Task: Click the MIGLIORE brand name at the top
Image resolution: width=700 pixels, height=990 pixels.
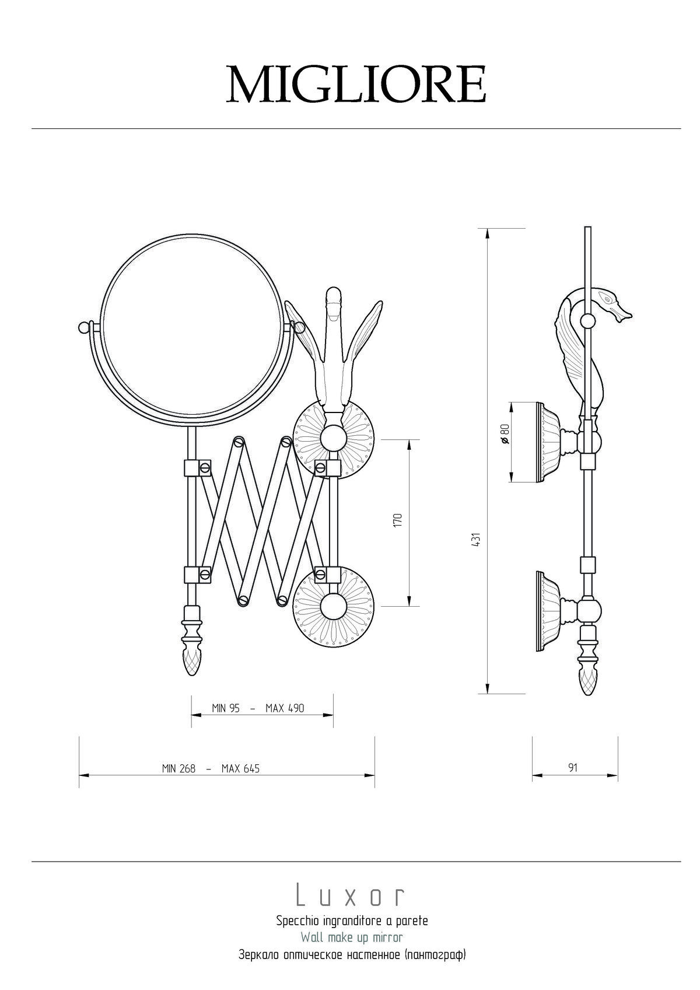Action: coord(356,85)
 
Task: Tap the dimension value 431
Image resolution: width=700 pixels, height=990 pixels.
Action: coord(475,540)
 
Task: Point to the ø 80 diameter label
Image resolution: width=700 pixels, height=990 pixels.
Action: coord(505,434)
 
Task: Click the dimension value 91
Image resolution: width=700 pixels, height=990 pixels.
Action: coord(572,780)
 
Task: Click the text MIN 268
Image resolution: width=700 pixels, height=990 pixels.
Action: coord(178,781)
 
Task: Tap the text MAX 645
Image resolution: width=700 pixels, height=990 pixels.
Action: coord(240,781)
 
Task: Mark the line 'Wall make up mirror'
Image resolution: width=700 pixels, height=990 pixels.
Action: coord(352,936)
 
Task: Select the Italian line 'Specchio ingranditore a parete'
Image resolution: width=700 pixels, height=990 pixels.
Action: coord(352,921)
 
